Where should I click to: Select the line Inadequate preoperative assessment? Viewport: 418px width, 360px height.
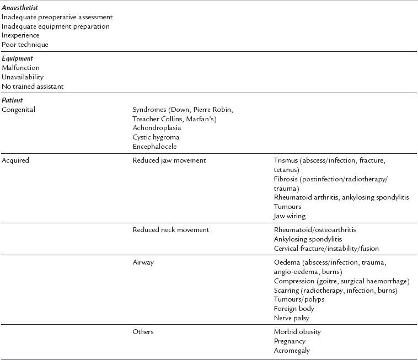click(x=57, y=18)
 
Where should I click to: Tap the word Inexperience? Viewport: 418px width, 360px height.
click(x=21, y=35)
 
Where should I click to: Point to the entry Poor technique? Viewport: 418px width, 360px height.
click(x=25, y=44)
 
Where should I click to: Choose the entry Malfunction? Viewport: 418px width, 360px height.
click(x=21, y=68)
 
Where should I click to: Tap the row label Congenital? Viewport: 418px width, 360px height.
click(x=19, y=109)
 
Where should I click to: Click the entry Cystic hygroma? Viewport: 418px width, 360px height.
click(x=156, y=137)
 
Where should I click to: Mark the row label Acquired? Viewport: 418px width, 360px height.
click(x=16, y=160)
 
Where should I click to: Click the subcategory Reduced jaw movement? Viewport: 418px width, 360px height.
click(x=169, y=160)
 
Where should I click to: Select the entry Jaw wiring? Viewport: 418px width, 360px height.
click(x=290, y=216)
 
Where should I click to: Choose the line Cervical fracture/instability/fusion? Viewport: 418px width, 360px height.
click(x=326, y=248)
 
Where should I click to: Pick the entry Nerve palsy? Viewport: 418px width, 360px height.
click(x=291, y=318)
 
